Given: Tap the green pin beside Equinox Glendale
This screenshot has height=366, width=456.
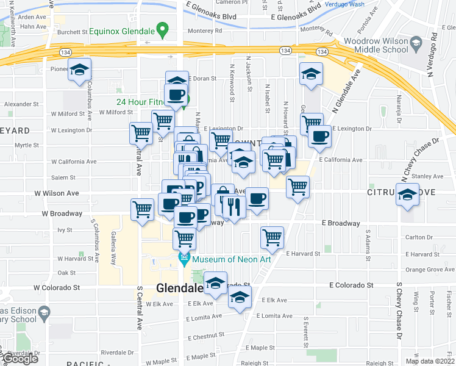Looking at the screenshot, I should point(162,29).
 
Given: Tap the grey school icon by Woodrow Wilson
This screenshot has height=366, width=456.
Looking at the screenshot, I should point(416,43).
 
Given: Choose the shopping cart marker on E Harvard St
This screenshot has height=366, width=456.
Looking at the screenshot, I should point(272,237).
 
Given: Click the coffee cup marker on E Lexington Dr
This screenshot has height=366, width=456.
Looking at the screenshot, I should point(318,137).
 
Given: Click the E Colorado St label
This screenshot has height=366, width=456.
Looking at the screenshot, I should point(351,285).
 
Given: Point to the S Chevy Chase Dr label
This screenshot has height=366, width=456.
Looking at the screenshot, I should point(400,311).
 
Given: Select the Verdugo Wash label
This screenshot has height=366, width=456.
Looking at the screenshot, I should point(348,4).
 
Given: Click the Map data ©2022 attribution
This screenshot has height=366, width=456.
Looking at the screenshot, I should point(430,361).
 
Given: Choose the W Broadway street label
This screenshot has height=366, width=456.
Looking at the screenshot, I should point(62,213).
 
